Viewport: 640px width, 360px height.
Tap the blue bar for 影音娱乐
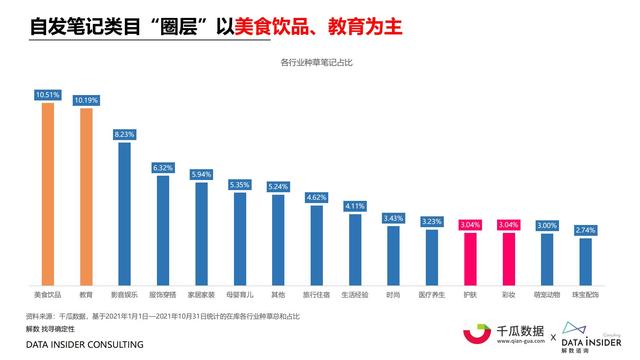[124, 215]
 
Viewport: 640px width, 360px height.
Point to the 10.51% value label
[46, 95]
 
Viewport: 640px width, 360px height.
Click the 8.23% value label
[124, 133]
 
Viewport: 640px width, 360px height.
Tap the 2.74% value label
[584, 230]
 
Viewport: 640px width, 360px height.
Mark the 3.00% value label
[546, 226]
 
